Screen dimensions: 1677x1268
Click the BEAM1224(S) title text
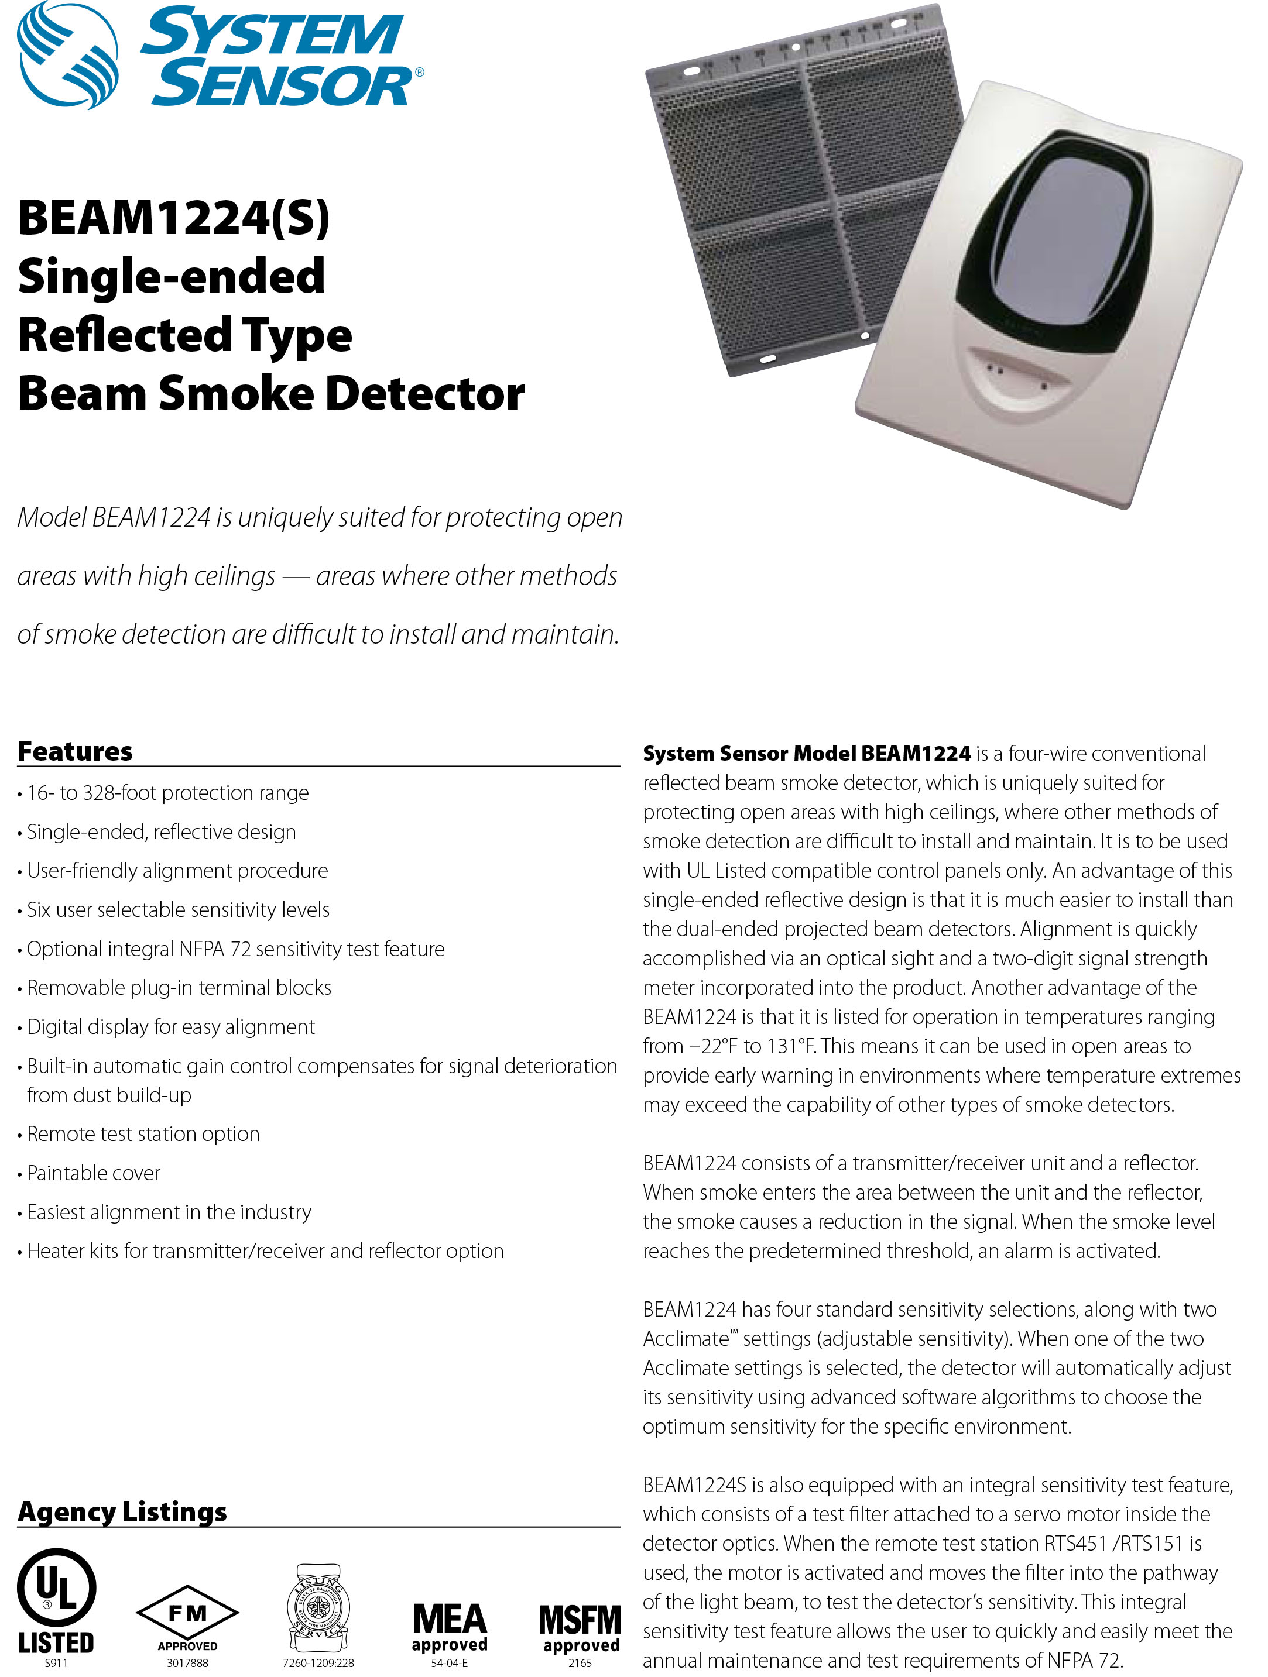[174, 218]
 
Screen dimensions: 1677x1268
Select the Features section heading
[75, 751]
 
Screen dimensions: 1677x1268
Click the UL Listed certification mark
[56, 1600]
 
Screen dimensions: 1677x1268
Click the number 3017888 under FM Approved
[187, 1662]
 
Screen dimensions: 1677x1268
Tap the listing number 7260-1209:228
[318, 1662]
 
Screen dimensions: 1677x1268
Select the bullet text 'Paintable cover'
[93, 1173]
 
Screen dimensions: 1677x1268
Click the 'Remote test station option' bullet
[143, 1133]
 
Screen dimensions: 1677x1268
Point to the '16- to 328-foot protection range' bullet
[167, 792]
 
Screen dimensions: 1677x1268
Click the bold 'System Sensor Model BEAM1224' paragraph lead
[806, 753]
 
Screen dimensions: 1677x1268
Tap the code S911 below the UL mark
[56, 1662]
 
